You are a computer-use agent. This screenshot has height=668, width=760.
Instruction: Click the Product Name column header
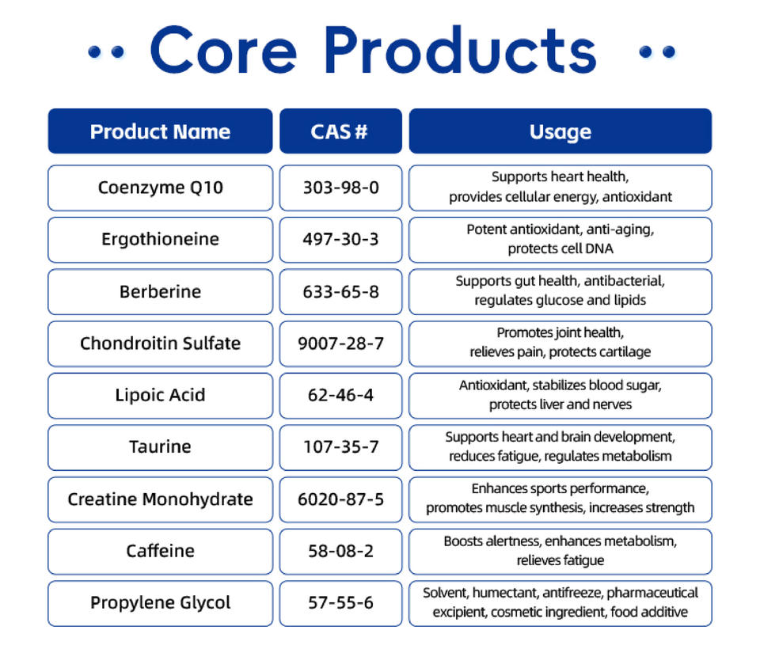[x=160, y=131]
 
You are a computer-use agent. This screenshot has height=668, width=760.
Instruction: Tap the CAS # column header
[x=340, y=131]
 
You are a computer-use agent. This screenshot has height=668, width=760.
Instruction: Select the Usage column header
[x=560, y=131]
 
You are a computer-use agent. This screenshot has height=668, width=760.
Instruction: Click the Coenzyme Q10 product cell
[x=160, y=188]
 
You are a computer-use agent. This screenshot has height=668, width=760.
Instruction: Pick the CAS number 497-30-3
[x=340, y=239]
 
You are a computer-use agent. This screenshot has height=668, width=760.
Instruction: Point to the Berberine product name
[x=160, y=291]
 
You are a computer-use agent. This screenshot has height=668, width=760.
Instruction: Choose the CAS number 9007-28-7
[x=340, y=343]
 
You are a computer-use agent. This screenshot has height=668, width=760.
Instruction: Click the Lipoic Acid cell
[x=160, y=396]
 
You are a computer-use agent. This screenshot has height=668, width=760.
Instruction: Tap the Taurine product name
[x=160, y=446]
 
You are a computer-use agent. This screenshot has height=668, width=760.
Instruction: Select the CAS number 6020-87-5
[x=340, y=499]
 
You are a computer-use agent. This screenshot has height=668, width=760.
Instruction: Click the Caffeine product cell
[x=160, y=552]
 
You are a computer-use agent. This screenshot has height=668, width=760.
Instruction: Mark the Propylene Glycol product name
[x=160, y=603]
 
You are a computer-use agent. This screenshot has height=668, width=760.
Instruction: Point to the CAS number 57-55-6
[x=340, y=603]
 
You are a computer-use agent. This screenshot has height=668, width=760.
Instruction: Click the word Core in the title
[x=223, y=51]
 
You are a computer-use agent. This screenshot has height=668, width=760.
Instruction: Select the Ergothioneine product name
[x=160, y=239]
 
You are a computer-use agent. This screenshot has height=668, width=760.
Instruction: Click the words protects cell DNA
[x=560, y=249]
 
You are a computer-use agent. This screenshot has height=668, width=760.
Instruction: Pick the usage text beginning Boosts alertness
[x=560, y=551]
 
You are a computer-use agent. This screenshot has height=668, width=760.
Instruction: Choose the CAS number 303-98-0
[x=340, y=188]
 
